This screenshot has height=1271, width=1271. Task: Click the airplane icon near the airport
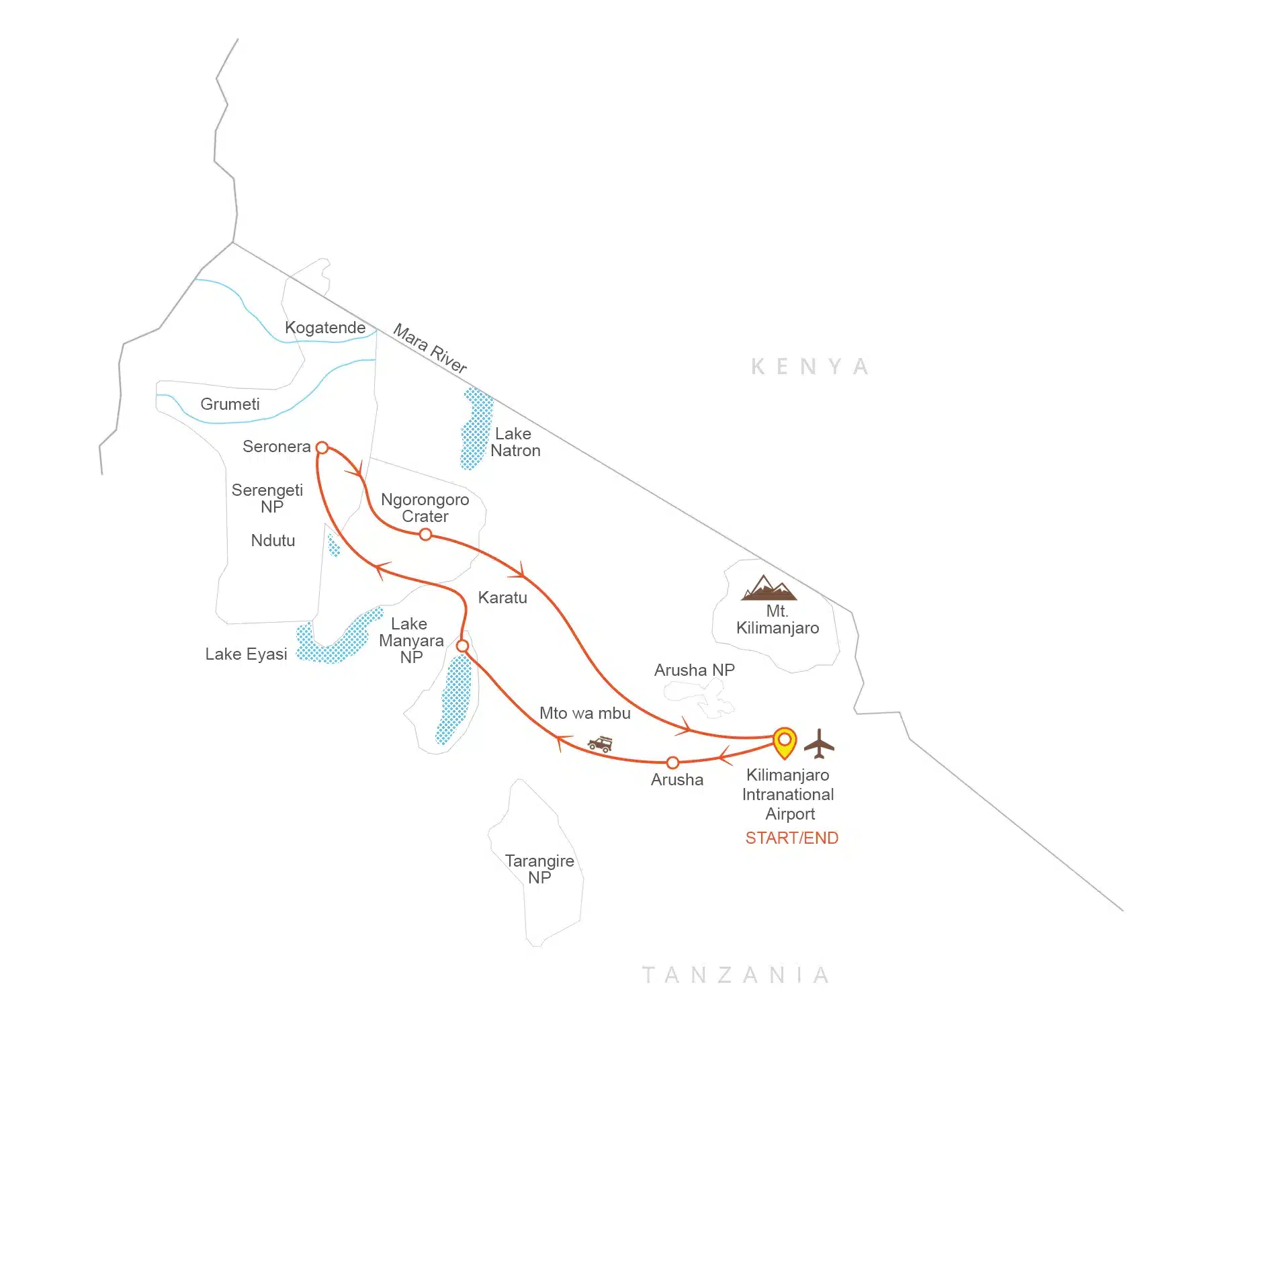818,743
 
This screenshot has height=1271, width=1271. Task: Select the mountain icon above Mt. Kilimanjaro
769,588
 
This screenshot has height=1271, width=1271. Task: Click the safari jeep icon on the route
600,743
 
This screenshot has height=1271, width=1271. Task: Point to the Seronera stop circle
322,447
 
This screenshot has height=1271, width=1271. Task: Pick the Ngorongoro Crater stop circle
425,535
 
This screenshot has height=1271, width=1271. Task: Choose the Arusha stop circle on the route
672,762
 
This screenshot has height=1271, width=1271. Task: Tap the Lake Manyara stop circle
462,646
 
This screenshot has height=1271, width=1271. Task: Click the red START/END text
791,838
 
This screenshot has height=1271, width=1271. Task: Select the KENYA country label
809,367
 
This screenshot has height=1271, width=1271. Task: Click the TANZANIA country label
736,975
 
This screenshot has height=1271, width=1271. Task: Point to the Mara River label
430,348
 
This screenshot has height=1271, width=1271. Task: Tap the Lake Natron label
515,442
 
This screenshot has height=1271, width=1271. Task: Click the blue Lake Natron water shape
476,428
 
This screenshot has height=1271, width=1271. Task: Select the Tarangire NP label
539,869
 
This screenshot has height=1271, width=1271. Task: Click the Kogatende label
325,328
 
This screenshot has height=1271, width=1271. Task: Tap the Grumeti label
230,404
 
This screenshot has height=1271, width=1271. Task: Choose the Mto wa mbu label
584,713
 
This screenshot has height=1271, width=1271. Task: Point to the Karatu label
502,598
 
